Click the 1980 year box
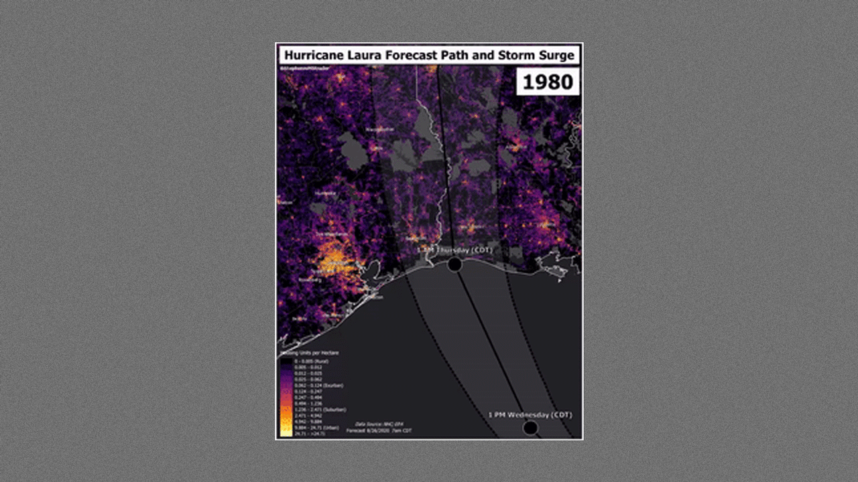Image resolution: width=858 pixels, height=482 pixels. [x=548, y=82]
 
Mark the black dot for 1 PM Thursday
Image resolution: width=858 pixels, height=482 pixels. [x=454, y=264]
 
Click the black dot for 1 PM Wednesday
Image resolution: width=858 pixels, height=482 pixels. [x=530, y=428]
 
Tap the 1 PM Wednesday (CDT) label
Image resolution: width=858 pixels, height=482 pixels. [x=530, y=415]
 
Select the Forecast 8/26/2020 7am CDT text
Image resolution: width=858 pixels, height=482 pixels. [x=379, y=430]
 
